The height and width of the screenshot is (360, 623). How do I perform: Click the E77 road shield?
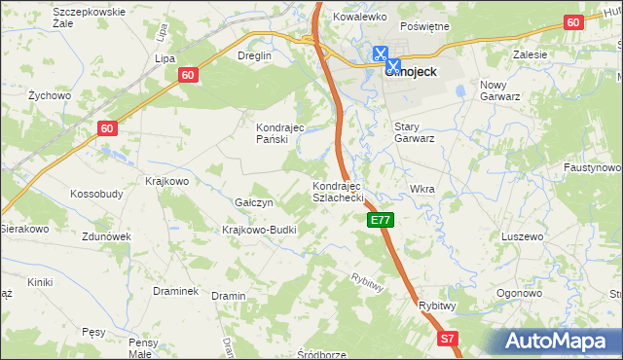[381, 221]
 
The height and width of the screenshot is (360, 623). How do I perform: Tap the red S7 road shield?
[447, 339]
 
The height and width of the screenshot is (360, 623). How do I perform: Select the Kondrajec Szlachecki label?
[337, 191]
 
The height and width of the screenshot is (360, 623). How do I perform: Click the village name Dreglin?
[253, 55]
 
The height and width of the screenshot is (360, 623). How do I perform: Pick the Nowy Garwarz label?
[502, 90]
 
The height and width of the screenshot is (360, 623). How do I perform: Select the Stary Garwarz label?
[414, 132]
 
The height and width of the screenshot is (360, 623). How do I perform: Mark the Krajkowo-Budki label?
[259, 230]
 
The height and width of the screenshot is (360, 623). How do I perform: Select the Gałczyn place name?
[254, 202]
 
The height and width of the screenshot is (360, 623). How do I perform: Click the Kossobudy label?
[96, 194]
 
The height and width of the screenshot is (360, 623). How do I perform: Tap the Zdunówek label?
[107, 236]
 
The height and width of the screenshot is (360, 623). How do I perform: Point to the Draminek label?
[176, 291]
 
